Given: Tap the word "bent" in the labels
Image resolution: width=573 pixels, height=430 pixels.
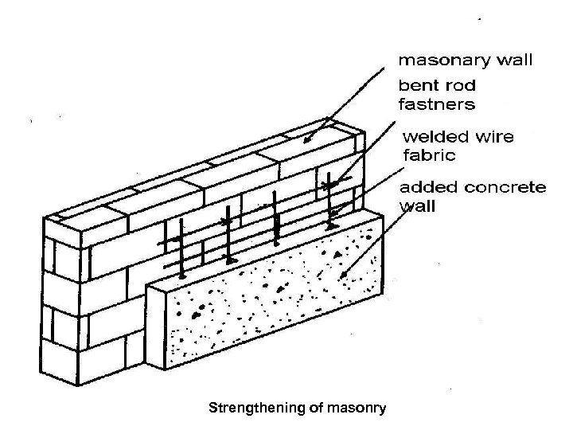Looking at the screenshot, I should [416, 85].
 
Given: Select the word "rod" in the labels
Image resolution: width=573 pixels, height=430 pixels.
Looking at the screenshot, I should [457, 85].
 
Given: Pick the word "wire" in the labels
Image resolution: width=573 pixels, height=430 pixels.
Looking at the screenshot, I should [495, 136].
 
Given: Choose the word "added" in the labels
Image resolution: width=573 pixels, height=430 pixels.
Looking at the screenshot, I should [425, 188].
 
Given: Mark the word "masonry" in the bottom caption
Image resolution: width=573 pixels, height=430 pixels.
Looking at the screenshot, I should [357, 408].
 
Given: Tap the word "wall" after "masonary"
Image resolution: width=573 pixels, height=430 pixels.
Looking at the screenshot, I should [513, 59].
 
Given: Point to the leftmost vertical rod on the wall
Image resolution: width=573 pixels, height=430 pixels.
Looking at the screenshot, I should [181, 247].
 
